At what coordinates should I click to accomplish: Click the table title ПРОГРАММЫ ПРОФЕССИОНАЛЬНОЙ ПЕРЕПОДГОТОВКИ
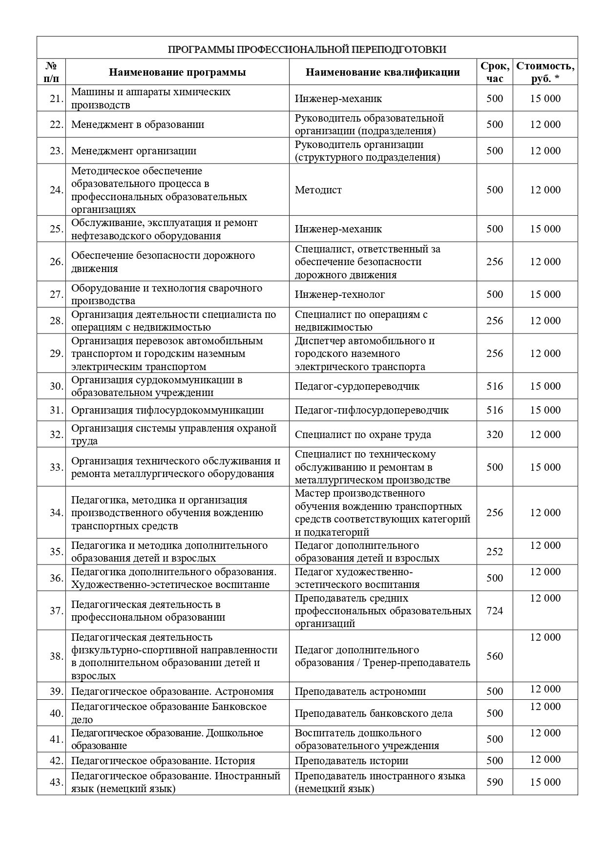[x=307, y=49]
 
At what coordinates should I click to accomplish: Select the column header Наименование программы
[x=177, y=72]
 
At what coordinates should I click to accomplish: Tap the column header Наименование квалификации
[x=383, y=72]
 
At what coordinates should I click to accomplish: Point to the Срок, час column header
[x=495, y=72]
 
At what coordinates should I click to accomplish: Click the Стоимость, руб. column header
[x=545, y=72]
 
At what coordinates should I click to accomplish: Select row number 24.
[x=56, y=190]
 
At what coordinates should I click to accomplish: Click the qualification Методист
[x=318, y=190]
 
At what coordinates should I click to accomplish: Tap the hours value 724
[x=495, y=611]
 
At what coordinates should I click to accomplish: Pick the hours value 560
[x=495, y=656]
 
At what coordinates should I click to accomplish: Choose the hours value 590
[x=495, y=782]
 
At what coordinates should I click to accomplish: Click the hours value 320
[x=495, y=435]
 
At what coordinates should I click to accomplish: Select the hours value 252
[x=495, y=552]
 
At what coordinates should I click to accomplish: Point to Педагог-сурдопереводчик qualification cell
[x=357, y=386]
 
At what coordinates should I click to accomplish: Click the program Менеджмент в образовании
[x=138, y=125]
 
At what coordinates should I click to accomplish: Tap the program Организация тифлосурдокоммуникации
[x=167, y=410]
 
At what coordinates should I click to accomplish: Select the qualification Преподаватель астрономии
[x=360, y=691]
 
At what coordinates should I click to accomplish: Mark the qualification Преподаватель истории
[x=351, y=761]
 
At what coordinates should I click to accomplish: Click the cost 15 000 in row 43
[x=545, y=782]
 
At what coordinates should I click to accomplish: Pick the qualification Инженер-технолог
[x=339, y=294]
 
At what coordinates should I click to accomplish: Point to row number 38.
[x=56, y=656]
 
